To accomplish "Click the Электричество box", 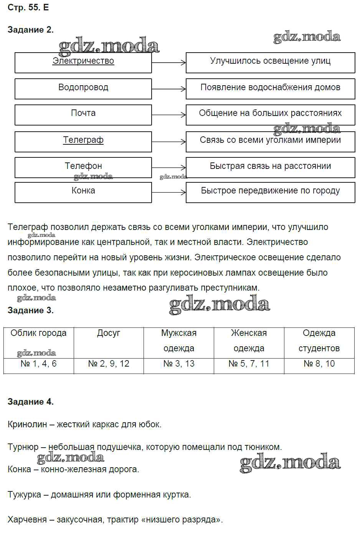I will click(x=83, y=63).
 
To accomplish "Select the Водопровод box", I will click(x=83, y=89).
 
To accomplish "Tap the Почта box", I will click(x=83, y=115).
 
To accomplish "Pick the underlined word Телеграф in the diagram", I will click(x=83, y=140).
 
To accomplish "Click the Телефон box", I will click(x=83, y=167).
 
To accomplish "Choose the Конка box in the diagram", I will click(x=83, y=192).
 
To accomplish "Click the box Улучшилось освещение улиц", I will click(x=270, y=63).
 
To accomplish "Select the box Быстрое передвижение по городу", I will click(x=270, y=192).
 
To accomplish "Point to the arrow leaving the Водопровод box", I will click(x=169, y=89).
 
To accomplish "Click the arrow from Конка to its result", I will click(x=169, y=192).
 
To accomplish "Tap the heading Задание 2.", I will click(x=31, y=30).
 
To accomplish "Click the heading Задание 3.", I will click(x=31, y=311).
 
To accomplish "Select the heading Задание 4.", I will click(x=31, y=402).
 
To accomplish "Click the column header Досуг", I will click(x=109, y=333).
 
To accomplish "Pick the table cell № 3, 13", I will click(x=179, y=364).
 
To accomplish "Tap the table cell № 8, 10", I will click(x=319, y=364).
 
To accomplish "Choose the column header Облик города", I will click(x=38, y=333).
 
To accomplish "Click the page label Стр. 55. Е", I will click(x=28, y=8).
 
